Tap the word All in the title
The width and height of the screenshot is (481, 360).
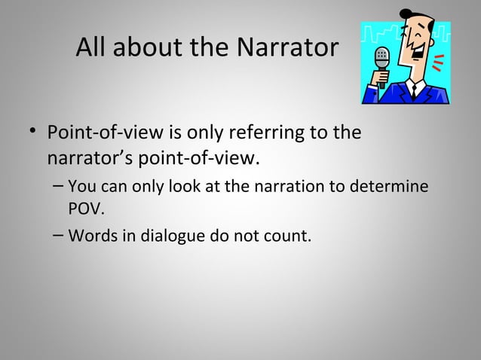pos(93,49)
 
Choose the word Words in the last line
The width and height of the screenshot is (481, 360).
pos(89,236)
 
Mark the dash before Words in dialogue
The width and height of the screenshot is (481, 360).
pos(58,235)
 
